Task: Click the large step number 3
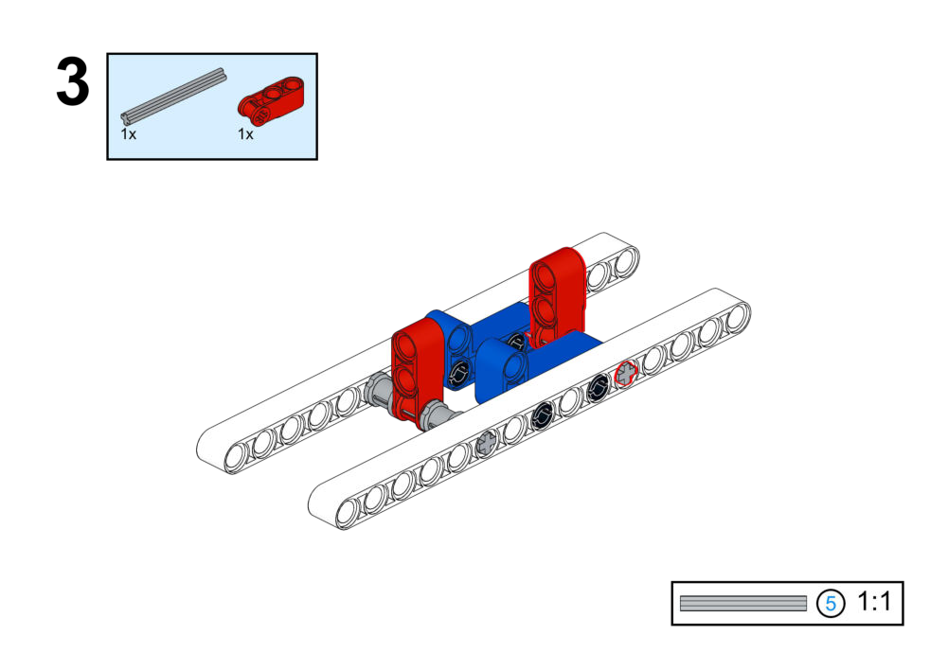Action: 73,84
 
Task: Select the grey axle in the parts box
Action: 174,95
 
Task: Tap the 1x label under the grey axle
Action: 129,134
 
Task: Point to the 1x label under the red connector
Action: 246,134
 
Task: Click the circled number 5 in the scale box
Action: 831,603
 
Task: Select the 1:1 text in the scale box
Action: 874,602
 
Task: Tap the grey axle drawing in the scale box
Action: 742,603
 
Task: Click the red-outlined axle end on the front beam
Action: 625,374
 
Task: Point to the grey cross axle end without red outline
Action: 487,441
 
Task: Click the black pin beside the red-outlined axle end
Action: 598,387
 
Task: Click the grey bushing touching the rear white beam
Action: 376,392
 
